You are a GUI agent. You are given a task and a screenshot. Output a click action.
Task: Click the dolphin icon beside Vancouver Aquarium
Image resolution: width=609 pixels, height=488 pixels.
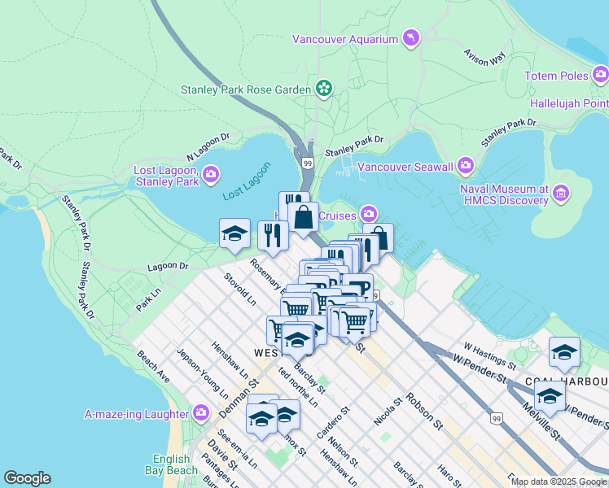(x=412, y=39)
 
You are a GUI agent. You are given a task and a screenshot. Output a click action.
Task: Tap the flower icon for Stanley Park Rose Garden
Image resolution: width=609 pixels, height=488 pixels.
(x=323, y=88)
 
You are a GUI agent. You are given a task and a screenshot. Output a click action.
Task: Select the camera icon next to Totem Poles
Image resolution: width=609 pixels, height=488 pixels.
(x=600, y=76)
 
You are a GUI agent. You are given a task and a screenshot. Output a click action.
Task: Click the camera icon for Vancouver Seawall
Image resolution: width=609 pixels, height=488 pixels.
(x=466, y=166)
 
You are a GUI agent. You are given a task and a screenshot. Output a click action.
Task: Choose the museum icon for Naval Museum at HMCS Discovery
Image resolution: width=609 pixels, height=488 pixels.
(x=561, y=194)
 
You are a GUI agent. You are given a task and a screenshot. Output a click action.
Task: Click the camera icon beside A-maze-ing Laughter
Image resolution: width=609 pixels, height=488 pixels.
(x=201, y=414)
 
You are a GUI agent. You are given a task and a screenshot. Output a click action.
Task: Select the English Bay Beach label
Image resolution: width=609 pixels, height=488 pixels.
(x=175, y=464)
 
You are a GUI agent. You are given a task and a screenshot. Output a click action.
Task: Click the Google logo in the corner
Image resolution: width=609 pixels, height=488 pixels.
(x=27, y=478)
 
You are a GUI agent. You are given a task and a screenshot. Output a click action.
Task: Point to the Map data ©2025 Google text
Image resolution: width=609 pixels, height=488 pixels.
(x=559, y=481)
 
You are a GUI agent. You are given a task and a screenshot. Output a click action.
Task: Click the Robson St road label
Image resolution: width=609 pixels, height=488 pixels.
(x=424, y=412)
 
